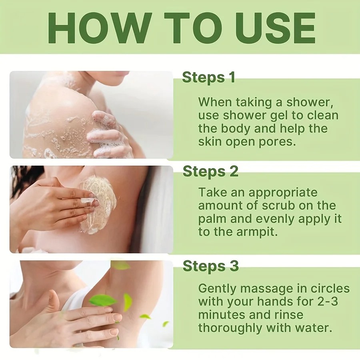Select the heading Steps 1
coord(208,78)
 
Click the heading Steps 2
coord(210,171)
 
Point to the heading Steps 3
coord(211,266)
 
